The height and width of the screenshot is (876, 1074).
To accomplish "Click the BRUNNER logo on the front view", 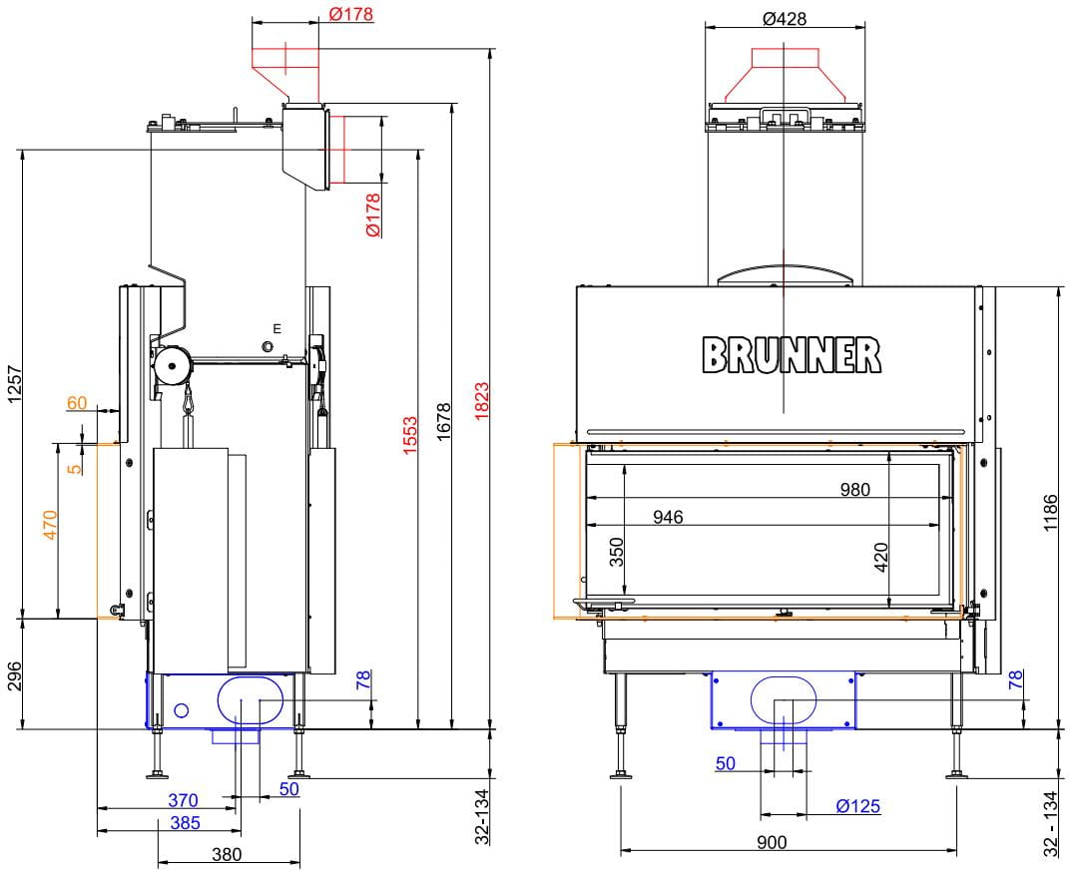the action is coord(792,355).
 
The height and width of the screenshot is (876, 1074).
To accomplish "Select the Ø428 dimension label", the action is coord(785,19).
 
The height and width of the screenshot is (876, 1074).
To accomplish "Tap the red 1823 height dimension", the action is coord(482,401).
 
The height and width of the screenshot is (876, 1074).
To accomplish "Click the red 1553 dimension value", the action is coord(409,435).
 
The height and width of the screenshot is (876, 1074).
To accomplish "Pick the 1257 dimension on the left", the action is coord(15,385).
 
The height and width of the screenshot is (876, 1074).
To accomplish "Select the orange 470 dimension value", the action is coord(51,524).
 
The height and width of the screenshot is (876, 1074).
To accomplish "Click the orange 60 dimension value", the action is coord(77,403).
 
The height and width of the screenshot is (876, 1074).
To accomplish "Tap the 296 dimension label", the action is coord(15,675).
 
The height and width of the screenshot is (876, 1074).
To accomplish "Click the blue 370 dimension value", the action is coord(183,800).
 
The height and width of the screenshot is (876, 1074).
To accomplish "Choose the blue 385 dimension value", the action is coord(185,822).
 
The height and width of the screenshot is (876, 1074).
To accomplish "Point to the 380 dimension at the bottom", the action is coord(227,854).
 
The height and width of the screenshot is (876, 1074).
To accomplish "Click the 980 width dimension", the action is coord(854,490).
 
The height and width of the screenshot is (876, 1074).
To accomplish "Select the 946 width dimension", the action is coord(668,517).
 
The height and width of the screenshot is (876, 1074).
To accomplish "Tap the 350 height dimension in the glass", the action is coord(617,552).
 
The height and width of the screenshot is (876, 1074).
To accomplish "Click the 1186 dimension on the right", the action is coord(1050,513).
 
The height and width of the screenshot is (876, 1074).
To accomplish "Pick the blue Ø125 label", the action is coord(858,806).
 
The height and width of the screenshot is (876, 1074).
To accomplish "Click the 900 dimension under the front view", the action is coord(772,842).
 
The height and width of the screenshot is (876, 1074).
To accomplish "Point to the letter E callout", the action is coord(276,329).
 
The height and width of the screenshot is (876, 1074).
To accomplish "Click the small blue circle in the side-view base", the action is coord(182,710).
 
